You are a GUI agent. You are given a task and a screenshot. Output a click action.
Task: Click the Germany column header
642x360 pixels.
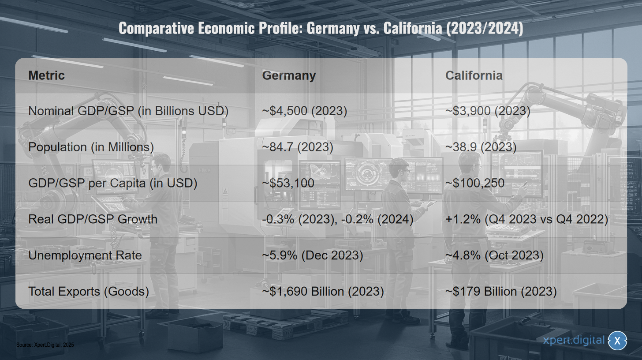289,76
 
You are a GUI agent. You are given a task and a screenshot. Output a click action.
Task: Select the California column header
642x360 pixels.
474,76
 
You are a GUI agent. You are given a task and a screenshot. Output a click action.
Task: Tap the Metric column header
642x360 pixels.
46,76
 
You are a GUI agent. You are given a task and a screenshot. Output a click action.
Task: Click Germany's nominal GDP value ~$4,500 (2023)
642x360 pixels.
304,111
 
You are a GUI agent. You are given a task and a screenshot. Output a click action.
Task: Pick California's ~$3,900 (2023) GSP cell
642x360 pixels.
488,111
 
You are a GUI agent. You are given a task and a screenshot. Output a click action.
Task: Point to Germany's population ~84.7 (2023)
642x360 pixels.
298,147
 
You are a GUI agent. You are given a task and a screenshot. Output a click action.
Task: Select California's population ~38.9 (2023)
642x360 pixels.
481,147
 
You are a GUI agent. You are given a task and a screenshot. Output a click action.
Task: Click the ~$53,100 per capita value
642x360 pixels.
288,183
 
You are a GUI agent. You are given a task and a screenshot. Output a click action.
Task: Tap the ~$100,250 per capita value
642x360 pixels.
474,183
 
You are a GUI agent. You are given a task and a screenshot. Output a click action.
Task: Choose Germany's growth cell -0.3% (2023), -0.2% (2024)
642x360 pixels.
338,219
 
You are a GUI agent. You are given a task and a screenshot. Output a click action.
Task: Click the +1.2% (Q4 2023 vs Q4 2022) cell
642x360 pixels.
526,219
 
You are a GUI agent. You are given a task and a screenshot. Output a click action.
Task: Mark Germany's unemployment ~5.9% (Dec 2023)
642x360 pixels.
312,255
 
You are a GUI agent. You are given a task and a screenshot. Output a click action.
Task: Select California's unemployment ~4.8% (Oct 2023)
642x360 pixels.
494,255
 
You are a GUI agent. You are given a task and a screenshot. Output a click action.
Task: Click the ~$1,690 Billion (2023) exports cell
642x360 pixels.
323,292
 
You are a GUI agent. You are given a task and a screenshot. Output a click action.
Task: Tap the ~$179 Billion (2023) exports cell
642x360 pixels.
501,292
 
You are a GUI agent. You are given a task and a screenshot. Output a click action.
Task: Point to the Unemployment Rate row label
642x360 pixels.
85,255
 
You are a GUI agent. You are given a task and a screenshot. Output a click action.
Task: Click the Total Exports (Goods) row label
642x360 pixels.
89,292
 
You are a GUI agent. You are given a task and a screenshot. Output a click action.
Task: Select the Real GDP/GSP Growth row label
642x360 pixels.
93,219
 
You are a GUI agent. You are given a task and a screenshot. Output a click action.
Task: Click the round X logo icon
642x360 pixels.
617,341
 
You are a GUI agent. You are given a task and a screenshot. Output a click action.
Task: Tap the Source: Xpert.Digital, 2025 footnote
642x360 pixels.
45,345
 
